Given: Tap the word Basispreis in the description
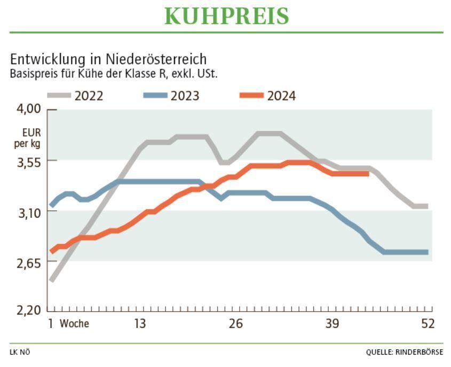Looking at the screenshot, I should point(34,74).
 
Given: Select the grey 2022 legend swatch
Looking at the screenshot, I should point(59,96).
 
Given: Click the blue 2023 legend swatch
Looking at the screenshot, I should point(155,96).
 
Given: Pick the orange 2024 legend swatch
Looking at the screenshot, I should point(251,96).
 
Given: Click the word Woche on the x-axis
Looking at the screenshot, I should point(74,324).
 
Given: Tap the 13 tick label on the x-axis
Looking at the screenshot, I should point(140,324).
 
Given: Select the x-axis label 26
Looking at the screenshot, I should point(236,324).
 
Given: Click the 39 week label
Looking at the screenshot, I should point(333,324).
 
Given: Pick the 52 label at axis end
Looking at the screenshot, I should point(428,324).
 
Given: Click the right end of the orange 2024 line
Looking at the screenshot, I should point(368,173).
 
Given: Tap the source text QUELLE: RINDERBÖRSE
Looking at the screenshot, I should point(404,352).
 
